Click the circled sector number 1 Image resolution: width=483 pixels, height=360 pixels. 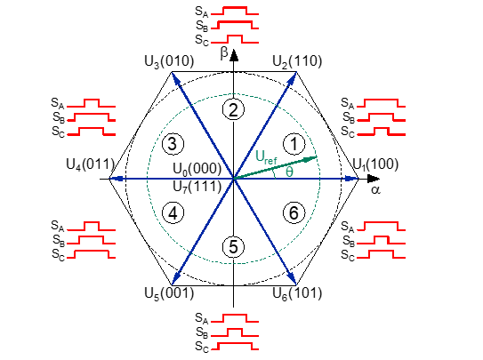294,144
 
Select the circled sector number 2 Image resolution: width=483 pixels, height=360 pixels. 233,110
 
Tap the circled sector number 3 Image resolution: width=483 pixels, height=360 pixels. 173,144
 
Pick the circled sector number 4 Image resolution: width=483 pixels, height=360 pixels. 173,213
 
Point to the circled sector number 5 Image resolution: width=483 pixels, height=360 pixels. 233,247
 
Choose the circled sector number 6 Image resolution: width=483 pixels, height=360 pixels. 294,213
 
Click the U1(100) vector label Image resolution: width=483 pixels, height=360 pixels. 375,164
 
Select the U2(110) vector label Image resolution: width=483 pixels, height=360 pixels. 297,61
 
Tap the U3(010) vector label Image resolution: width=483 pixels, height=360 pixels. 169,61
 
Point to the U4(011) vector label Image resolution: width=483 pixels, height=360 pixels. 90,164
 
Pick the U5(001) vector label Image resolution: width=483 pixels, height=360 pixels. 169,293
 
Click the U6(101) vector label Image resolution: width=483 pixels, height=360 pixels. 297,293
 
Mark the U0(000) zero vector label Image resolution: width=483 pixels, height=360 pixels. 197,169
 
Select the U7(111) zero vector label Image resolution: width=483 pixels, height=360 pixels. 197,187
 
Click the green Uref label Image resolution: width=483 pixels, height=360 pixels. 267,157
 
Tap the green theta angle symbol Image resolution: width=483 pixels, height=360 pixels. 289,172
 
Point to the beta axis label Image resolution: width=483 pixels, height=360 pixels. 224,53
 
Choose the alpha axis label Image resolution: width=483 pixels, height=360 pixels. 375,190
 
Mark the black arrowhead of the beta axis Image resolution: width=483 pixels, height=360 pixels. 234,55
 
